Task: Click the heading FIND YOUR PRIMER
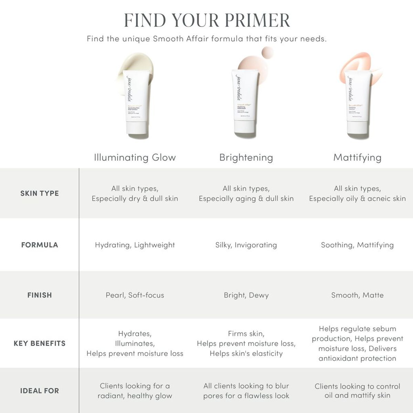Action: click(x=206, y=20)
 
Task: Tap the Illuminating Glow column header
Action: click(x=135, y=158)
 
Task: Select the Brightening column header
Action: click(x=246, y=158)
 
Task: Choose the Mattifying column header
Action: click(x=357, y=158)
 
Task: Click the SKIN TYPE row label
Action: click(x=40, y=193)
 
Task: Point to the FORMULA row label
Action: click(x=40, y=245)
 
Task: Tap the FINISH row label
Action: click(x=40, y=295)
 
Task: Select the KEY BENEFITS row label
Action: click(x=40, y=343)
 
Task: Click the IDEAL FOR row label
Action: click(x=40, y=391)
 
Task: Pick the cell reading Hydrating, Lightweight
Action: click(x=135, y=245)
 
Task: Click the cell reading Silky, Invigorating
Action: click(x=246, y=245)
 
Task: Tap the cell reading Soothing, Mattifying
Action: click(x=357, y=245)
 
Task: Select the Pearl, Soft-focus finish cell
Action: click(x=135, y=295)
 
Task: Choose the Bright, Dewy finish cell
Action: click(x=246, y=295)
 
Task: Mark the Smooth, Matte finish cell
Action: click(x=357, y=295)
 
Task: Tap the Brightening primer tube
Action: click(x=245, y=103)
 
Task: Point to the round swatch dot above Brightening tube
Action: click(x=267, y=53)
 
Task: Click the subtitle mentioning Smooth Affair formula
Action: click(x=206, y=39)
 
